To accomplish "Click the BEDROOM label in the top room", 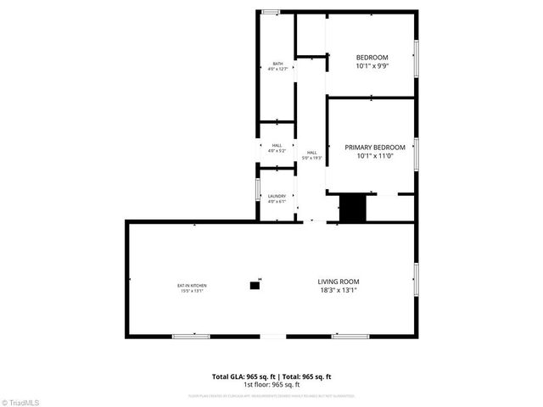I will point(371,57).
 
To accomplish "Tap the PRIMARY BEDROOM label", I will point(374,147).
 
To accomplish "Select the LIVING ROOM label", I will point(339,282).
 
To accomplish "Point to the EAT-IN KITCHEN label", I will point(192,285).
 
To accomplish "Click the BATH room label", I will point(277,64).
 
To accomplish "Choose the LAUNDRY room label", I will point(277,196).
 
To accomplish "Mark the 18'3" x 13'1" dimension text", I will point(339,291).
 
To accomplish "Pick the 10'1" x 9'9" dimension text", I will point(371,66).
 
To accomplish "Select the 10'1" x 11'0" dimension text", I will point(374,156).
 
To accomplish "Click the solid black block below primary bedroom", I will point(351,209).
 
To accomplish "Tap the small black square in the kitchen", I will point(255,286).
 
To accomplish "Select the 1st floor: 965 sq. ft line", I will point(271,384).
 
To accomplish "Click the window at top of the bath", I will point(271,12).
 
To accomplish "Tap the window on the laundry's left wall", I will point(259,187).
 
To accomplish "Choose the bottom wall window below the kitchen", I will point(191,336).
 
